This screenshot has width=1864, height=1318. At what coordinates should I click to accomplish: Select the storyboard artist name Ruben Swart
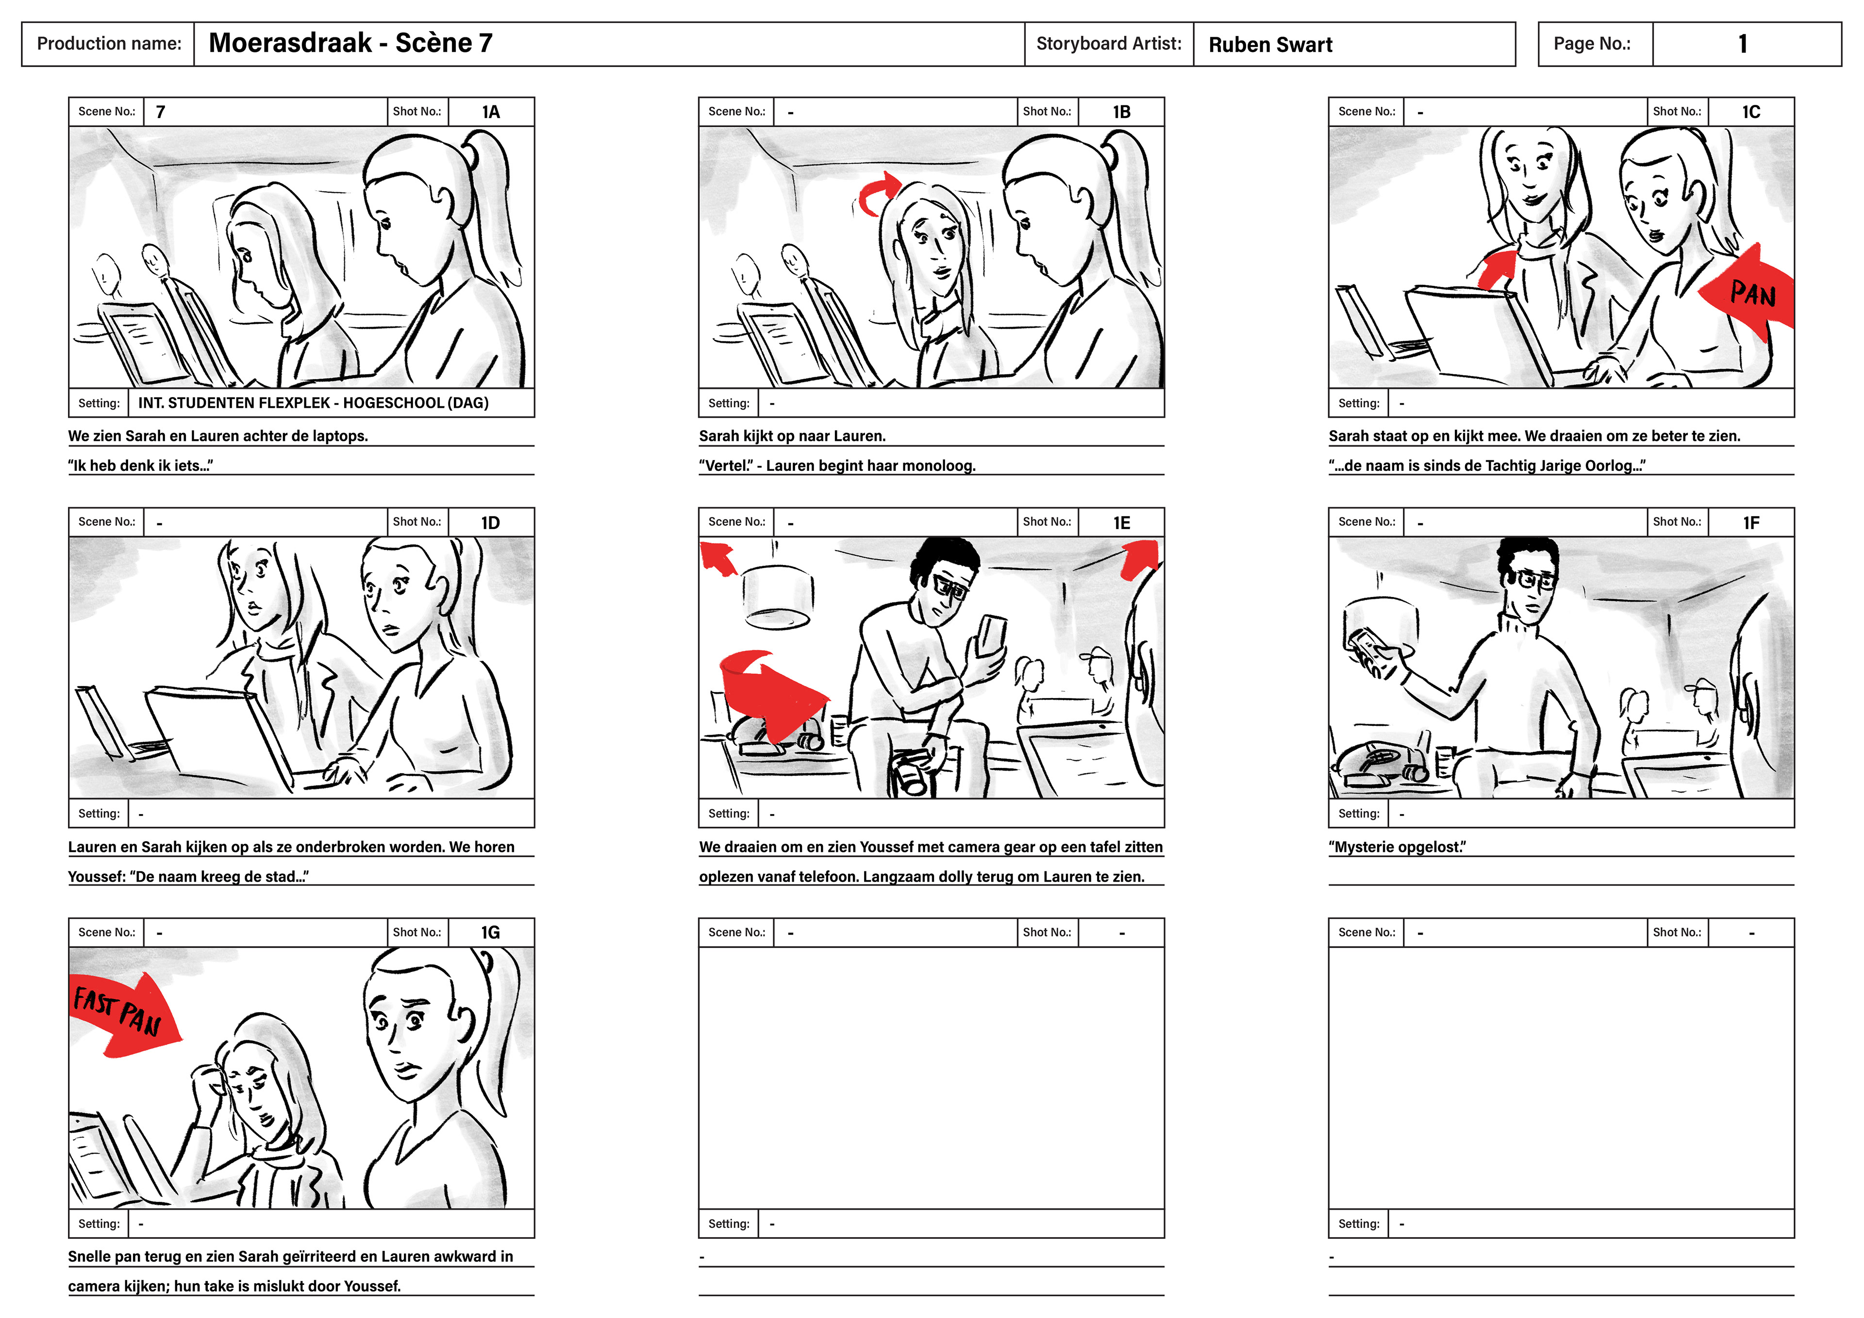point(1270,45)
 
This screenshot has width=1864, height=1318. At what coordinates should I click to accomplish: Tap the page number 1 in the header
point(1742,44)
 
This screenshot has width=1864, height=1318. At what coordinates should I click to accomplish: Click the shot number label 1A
point(490,112)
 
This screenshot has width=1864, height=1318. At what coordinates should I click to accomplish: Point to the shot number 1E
point(1121,523)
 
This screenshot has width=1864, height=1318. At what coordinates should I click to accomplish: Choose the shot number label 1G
point(490,932)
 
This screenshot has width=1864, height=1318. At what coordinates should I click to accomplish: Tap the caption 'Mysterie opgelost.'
point(1397,847)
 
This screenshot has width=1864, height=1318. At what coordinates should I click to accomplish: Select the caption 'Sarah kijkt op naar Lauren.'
point(792,436)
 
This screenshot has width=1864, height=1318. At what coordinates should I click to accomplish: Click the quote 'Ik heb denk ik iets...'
point(140,466)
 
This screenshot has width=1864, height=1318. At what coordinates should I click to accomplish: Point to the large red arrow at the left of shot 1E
point(771,690)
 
